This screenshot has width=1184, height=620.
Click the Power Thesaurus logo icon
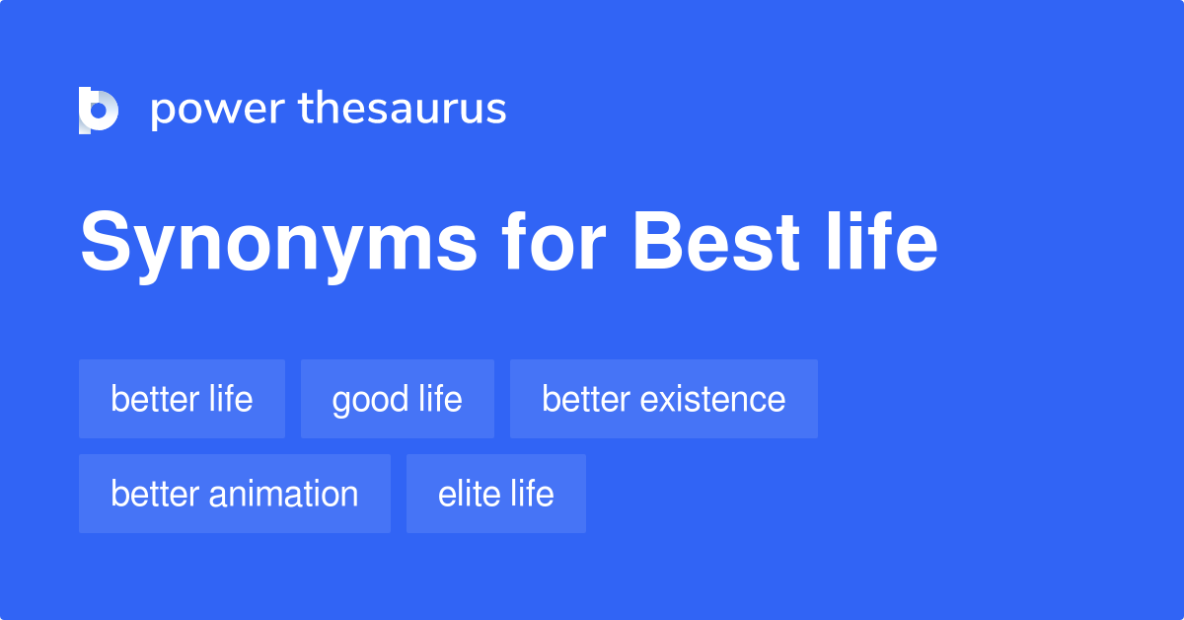coord(99,110)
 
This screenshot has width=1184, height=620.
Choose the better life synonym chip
coord(182,399)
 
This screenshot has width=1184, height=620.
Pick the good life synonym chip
coord(397,399)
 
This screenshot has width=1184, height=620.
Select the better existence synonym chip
coord(663,399)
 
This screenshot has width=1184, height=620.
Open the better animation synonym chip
coord(234,494)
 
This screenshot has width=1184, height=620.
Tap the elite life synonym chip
coord(495,494)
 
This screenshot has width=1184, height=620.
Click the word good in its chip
coord(370,400)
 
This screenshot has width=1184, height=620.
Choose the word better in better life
coord(154,399)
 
